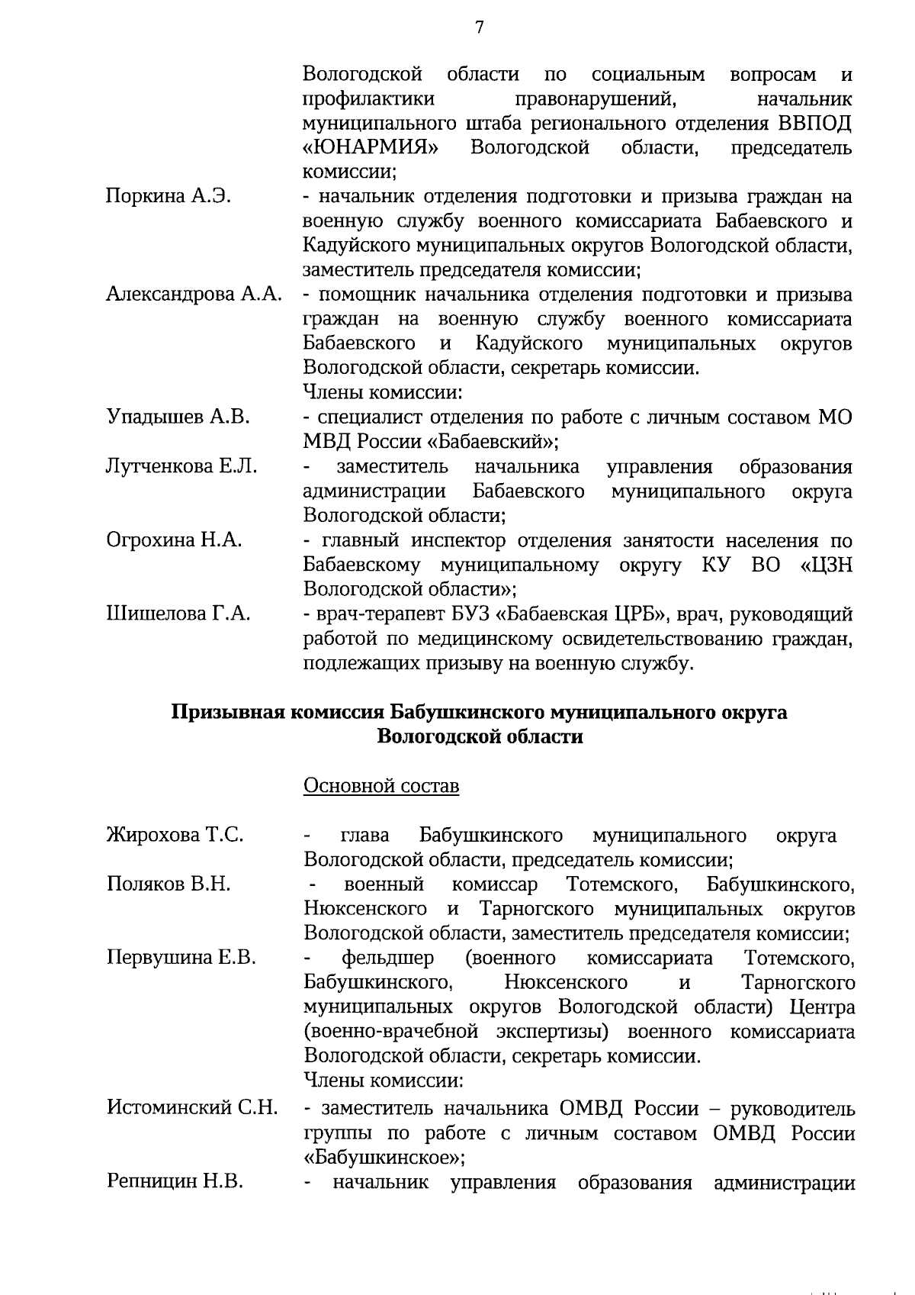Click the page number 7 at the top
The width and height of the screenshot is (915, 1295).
(x=479, y=28)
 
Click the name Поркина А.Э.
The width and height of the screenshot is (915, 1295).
(x=169, y=196)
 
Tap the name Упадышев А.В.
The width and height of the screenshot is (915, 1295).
(x=178, y=417)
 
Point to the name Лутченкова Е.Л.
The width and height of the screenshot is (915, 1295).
(x=181, y=466)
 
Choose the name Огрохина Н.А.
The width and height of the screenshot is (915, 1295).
(x=174, y=540)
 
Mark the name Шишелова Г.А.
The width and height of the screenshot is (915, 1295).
(x=178, y=614)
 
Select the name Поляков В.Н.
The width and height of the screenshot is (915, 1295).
(x=169, y=884)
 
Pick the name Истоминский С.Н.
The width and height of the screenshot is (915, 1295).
(x=192, y=1107)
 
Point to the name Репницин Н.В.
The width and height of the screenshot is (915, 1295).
(x=175, y=1182)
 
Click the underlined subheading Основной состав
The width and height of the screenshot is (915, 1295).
(x=381, y=785)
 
